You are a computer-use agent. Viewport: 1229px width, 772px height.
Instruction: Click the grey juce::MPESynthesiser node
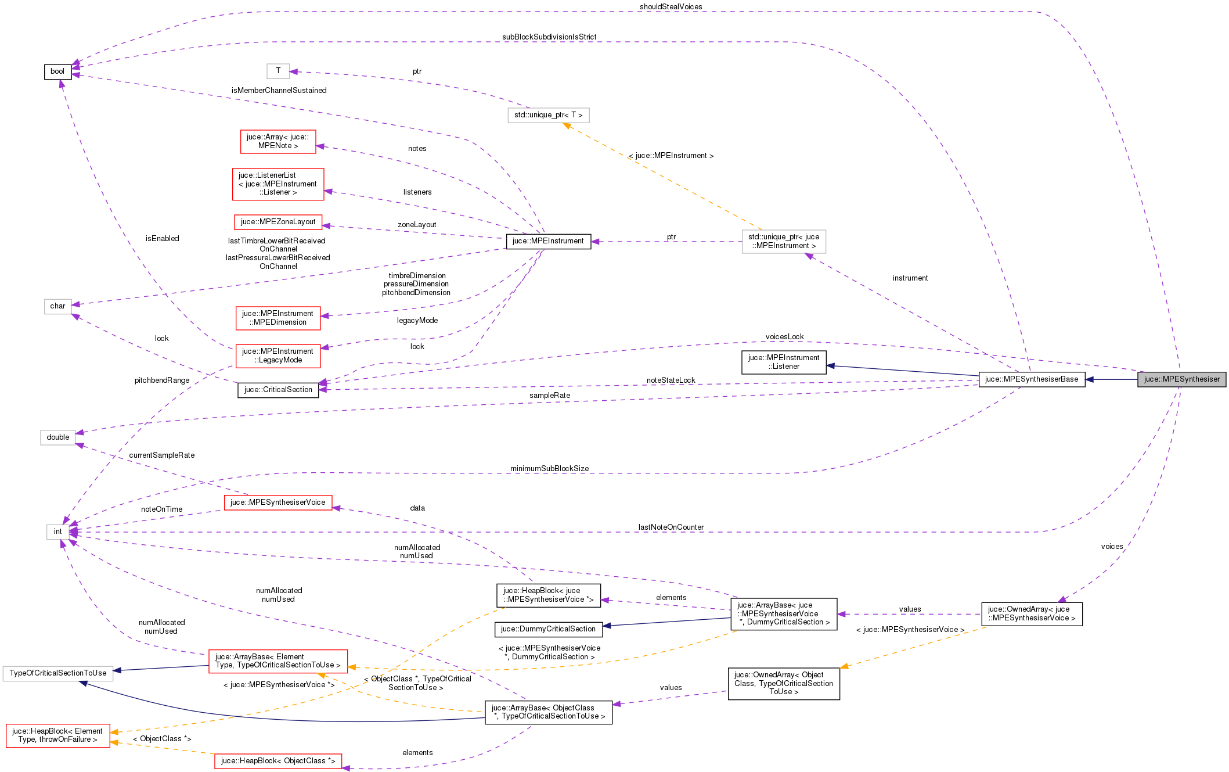(1181, 379)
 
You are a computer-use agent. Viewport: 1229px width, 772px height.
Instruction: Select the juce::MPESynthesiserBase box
(1031, 379)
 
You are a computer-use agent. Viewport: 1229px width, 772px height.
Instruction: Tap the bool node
(57, 71)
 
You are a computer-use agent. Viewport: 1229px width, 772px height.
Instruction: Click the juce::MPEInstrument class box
(548, 241)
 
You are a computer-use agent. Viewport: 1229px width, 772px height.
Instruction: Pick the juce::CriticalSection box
(278, 390)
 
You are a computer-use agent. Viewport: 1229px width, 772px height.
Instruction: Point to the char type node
(57, 306)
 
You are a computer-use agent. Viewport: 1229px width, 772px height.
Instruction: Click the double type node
(57, 437)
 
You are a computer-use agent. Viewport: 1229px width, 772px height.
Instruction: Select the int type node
(57, 532)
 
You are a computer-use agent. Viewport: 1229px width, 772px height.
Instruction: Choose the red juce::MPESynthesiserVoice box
(277, 502)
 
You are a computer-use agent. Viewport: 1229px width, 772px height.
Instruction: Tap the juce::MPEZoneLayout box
(278, 222)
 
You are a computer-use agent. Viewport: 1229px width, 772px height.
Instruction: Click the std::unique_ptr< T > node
(548, 115)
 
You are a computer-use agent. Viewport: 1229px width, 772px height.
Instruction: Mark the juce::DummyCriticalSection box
(548, 629)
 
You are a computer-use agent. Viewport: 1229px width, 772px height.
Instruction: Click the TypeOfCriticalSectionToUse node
(57, 673)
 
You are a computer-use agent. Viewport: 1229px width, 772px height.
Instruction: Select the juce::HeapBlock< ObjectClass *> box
(277, 761)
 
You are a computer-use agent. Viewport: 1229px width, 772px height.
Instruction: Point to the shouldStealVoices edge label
(671, 7)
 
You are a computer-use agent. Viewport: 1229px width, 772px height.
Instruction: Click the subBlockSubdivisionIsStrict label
(549, 37)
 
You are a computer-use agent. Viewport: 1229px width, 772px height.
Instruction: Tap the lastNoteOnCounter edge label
(671, 527)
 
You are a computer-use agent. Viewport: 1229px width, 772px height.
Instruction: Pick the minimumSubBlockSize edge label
(549, 469)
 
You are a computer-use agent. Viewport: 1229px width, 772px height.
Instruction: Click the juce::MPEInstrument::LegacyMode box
(277, 356)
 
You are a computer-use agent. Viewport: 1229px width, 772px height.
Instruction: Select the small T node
(278, 71)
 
